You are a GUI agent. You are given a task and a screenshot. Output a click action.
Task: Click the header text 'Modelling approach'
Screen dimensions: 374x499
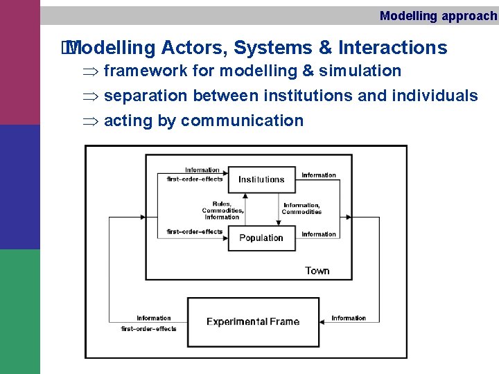click(x=438, y=16)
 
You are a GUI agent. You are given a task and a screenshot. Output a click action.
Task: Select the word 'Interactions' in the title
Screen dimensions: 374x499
click(x=392, y=48)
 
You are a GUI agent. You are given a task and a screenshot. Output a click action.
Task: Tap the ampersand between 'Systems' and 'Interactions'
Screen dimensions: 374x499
click(x=325, y=48)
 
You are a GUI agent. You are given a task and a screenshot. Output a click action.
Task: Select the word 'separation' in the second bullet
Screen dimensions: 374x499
click(x=146, y=96)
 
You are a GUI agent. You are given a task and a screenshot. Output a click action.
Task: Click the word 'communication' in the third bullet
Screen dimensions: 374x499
click(x=242, y=121)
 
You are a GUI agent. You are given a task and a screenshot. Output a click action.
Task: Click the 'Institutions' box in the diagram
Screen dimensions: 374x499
click(x=261, y=179)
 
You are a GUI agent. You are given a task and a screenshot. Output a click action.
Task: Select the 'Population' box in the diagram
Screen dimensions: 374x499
click(x=261, y=238)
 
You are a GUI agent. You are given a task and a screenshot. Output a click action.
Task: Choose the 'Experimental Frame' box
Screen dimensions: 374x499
click(x=253, y=321)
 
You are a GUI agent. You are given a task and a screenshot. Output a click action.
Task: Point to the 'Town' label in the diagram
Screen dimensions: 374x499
click(x=317, y=271)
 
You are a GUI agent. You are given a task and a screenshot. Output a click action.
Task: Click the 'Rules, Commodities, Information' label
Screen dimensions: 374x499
click(x=222, y=211)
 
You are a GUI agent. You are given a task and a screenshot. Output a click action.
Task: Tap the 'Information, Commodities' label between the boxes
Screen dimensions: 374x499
click(x=301, y=208)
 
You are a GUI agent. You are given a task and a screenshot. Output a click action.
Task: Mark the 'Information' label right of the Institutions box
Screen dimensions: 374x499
click(x=319, y=175)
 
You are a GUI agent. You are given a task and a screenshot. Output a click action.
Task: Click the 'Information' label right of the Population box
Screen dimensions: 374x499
click(x=319, y=234)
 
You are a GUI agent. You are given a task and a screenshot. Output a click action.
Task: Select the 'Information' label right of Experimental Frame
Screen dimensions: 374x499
click(x=349, y=318)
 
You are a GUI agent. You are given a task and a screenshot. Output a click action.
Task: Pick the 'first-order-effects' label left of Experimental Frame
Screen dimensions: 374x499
click(x=149, y=328)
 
